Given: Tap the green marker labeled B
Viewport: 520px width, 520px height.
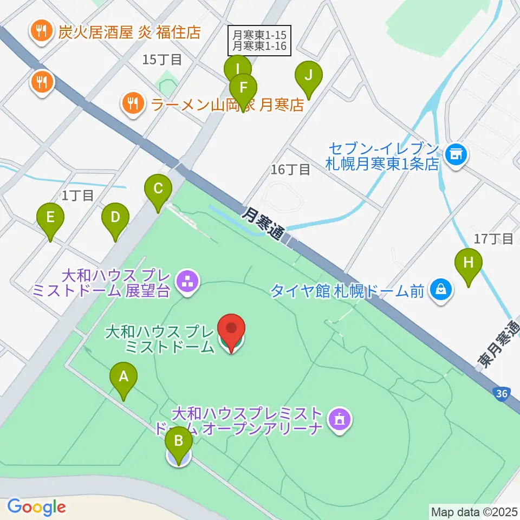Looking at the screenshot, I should click(x=178, y=445).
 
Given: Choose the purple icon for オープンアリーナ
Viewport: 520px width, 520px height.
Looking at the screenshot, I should click(x=340, y=420).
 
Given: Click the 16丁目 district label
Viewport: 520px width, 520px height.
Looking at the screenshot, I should click(x=290, y=170).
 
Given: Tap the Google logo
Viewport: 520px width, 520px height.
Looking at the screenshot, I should click(x=37, y=507).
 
